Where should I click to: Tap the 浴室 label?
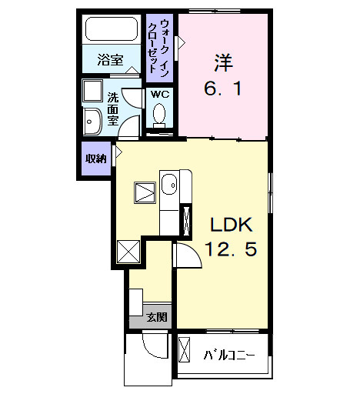pos(110,60)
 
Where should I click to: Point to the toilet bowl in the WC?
pos(160,115)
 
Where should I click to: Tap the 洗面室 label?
pos(113,109)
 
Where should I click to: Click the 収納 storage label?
pos(95,159)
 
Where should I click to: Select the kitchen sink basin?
pos(170,185)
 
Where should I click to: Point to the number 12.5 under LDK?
pos(230,249)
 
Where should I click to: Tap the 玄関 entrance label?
pos(158,317)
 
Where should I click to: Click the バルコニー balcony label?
pos(228,356)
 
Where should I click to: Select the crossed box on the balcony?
pos(186,351)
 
